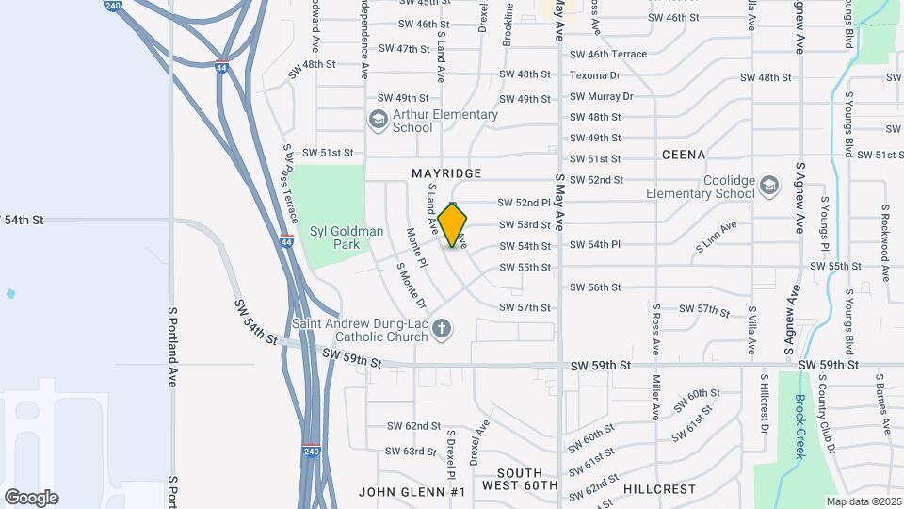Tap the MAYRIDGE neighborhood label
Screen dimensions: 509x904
(446, 173)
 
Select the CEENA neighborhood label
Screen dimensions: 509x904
(684, 154)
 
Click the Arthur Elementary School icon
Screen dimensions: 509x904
(379, 120)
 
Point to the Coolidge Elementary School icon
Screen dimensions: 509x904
(769, 185)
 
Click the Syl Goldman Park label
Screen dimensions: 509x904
(334, 238)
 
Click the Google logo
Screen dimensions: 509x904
(31, 498)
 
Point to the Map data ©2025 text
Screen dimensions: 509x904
(863, 501)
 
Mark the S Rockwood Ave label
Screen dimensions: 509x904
(886, 242)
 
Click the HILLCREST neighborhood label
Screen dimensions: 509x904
(659, 489)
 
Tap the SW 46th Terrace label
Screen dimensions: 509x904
(608, 54)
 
